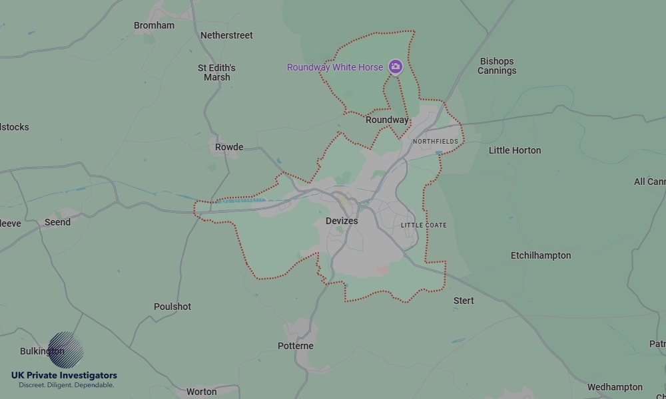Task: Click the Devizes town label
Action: tap(342, 221)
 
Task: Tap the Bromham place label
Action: tap(154, 26)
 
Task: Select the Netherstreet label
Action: tap(226, 35)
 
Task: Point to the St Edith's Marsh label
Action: tap(216, 72)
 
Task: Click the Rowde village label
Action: tap(229, 147)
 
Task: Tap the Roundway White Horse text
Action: tap(335, 67)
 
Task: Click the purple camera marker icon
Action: tap(396, 66)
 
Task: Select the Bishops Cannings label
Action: tap(497, 66)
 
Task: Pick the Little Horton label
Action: tap(515, 150)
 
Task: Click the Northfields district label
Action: tap(436, 142)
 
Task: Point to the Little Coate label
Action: tap(424, 225)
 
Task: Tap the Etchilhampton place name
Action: tap(541, 255)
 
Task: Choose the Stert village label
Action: tap(464, 301)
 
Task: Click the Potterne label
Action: tap(296, 346)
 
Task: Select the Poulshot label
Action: tap(172, 307)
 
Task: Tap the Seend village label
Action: tap(57, 222)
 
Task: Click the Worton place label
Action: tap(202, 392)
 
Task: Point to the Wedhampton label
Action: tap(615, 387)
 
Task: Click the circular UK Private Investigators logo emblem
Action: tap(66, 350)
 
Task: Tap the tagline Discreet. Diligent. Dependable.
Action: tap(66, 385)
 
